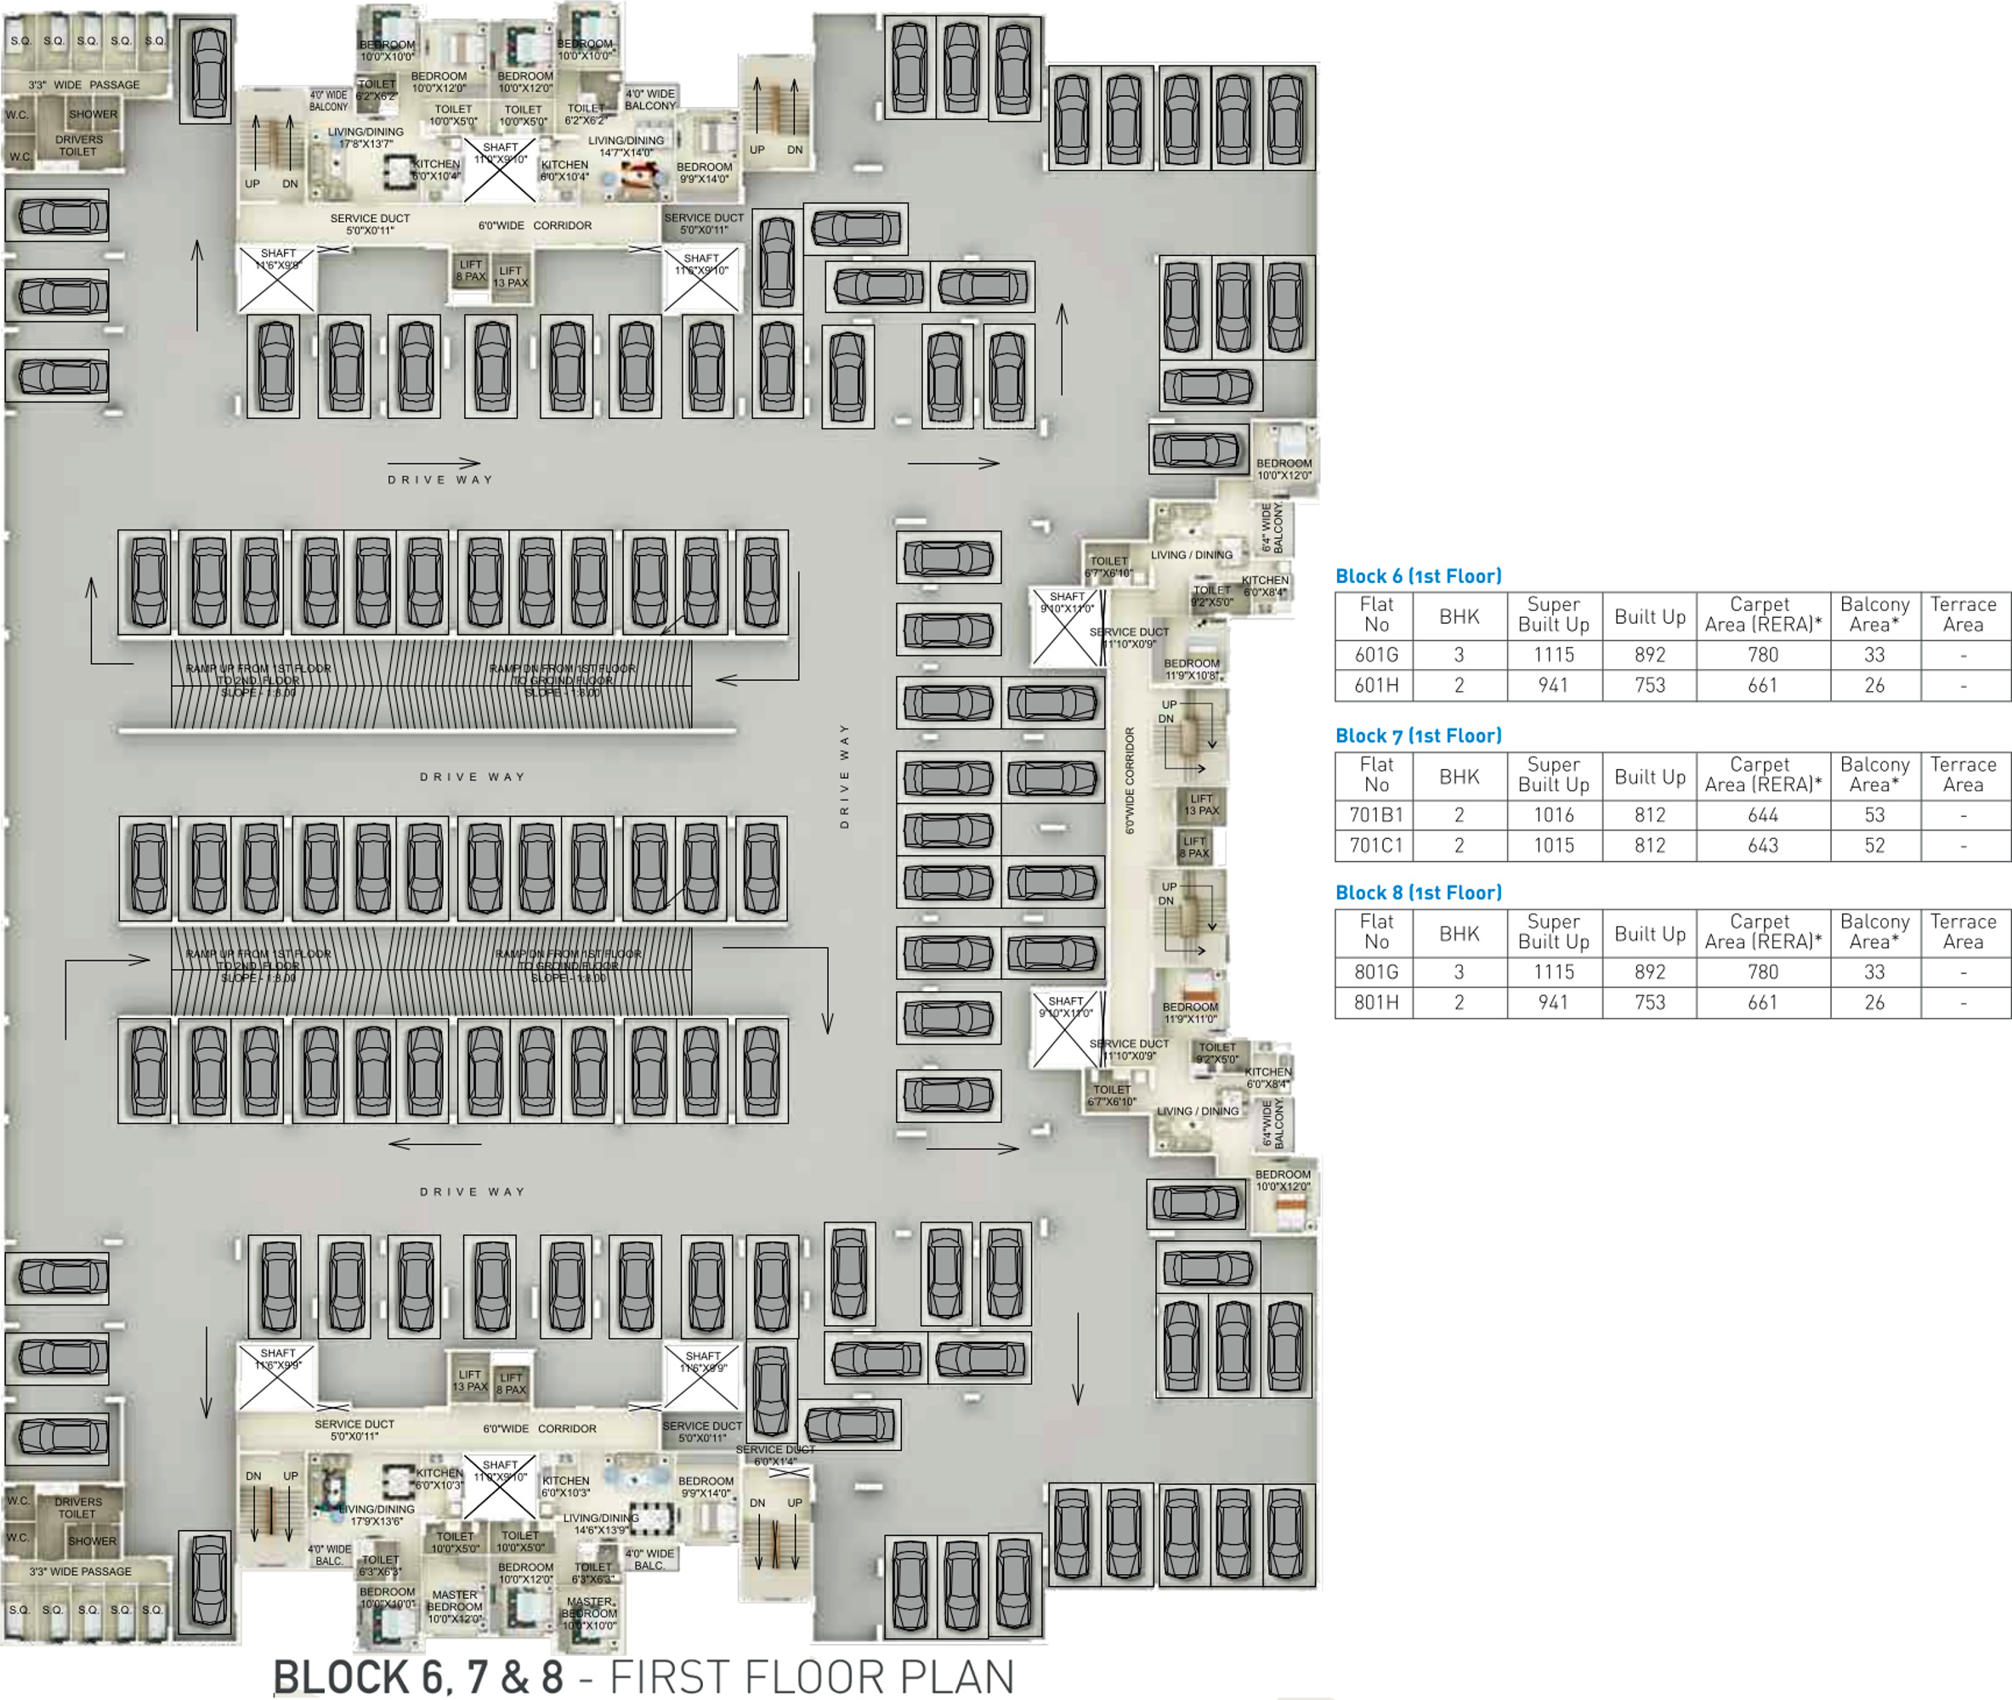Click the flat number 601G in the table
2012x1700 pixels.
click(x=1376, y=655)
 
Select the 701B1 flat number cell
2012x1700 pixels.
click(x=1376, y=815)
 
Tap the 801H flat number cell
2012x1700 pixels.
click(x=1376, y=1002)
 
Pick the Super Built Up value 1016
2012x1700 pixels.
click(x=1553, y=815)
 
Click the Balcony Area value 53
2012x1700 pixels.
click(x=1873, y=815)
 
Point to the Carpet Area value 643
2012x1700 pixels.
click(x=1762, y=845)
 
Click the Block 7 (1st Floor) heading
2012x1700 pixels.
click(x=1418, y=736)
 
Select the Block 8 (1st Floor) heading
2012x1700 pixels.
click(x=1418, y=893)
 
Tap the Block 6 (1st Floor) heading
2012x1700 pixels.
click(x=1418, y=576)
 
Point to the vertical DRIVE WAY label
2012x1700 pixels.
click(x=844, y=776)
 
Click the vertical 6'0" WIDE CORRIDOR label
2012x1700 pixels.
click(x=1131, y=780)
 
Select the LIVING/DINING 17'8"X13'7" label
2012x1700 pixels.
click(x=366, y=138)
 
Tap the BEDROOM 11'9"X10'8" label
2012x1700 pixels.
click(x=1191, y=670)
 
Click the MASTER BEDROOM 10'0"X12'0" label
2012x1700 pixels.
click(x=454, y=1606)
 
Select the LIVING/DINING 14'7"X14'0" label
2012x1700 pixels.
click(x=626, y=146)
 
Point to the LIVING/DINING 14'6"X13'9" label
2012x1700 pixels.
click(x=600, y=1524)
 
